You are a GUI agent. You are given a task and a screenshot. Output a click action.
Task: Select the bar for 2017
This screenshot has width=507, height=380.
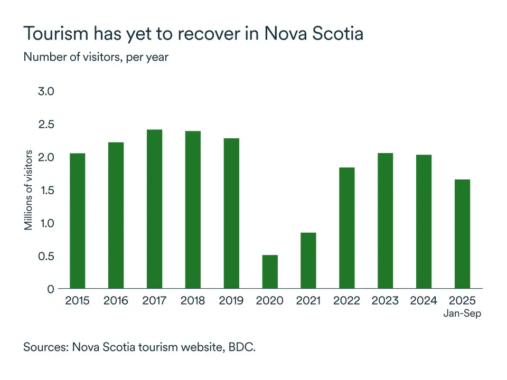pos(154,209)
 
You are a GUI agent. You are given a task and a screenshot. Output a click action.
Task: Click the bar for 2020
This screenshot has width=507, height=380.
pos(270,272)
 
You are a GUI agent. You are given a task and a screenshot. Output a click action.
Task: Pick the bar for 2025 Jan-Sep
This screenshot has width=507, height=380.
pos(462,234)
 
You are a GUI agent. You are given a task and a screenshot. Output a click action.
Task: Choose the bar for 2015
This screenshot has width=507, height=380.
pos(77,221)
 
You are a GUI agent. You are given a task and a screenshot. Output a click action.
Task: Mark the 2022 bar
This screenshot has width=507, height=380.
pos(347,228)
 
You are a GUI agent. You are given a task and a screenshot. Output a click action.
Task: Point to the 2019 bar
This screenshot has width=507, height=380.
pos(231,213)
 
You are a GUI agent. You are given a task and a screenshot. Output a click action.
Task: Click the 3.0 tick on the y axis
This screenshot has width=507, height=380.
pos(46,91)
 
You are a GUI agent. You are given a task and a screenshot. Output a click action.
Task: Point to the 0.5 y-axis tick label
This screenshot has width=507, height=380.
pos(46,256)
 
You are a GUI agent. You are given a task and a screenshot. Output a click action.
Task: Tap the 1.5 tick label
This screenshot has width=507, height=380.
pos(46,190)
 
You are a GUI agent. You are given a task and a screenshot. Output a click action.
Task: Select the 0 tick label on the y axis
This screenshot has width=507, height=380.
pos(50,289)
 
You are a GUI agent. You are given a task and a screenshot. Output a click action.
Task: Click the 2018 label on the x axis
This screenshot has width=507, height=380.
pos(193,301)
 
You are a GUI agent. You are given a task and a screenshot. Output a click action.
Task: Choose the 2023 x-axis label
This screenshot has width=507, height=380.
pos(385,301)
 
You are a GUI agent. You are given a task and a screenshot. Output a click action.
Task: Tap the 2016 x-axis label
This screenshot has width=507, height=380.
pos(116,301)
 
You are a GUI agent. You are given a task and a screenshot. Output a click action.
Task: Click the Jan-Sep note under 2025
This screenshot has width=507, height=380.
pos(462,313)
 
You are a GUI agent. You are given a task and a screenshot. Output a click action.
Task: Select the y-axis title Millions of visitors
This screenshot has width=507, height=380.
pos(29,190)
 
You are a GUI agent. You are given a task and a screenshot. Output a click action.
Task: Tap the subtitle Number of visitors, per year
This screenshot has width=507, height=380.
pos(96,56)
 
